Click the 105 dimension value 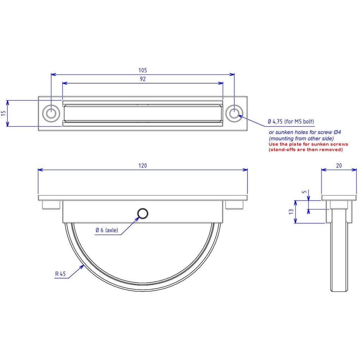click(x=142, y=70)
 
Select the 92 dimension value click(x=143, y=79)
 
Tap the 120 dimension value click(x=142, y=166)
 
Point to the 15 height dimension click(x=4, y=113)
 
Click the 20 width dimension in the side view click(x=339, y=166)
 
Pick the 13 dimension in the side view click(x=291, y=212)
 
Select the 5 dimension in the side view click(x=304, y=192)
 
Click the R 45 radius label click(x=60, y=274)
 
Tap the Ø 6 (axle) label click(x=107, y=230)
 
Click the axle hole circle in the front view click(x=143, y=214)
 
